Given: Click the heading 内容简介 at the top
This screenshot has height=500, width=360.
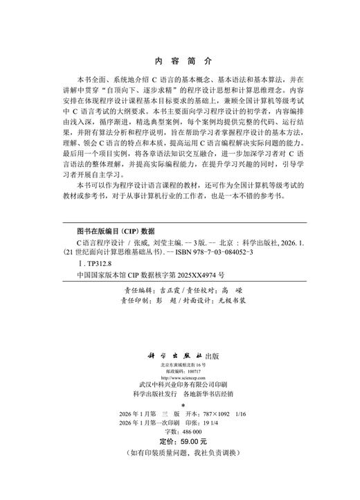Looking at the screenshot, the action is pyautogui.click(x=179, y=60).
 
